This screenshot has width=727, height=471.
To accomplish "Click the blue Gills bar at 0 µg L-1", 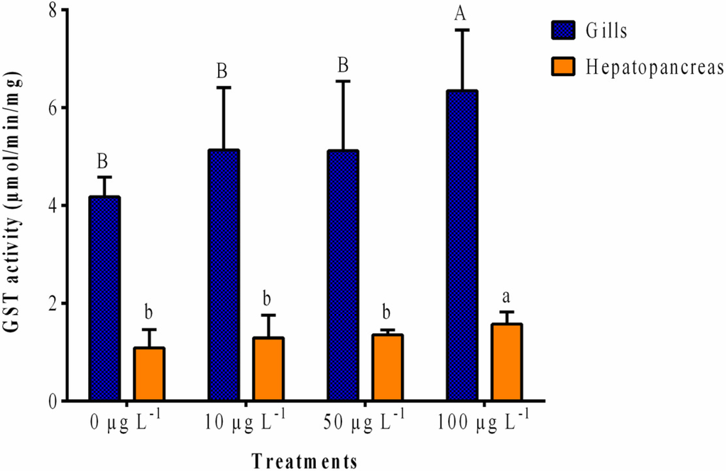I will point(104,298).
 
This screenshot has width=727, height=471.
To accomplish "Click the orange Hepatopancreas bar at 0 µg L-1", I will point(149,374).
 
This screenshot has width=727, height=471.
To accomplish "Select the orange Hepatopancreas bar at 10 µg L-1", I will point(268,369).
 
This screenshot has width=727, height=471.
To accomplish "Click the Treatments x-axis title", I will point(304,460).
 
